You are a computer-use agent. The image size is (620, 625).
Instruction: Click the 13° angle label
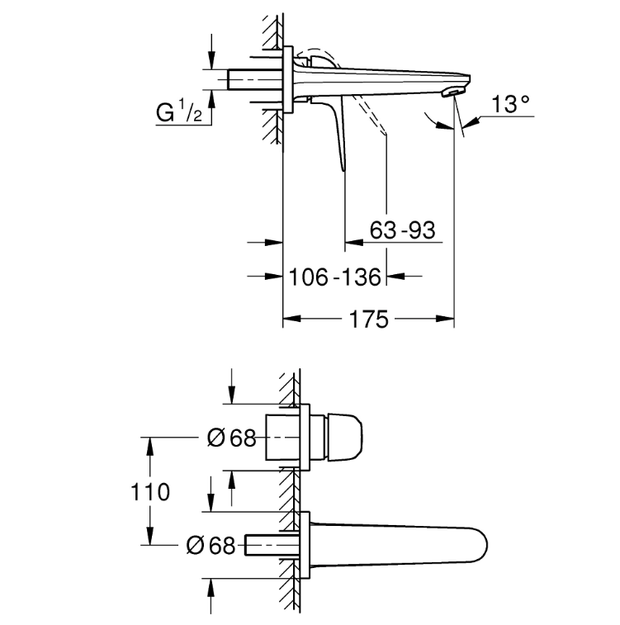point(510,104)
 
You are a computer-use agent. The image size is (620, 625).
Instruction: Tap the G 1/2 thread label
point(179,111)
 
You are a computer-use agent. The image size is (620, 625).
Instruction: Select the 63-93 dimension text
point(402,230)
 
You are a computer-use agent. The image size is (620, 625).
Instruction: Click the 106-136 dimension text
point(334,277)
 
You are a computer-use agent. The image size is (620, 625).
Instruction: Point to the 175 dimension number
point(368,320)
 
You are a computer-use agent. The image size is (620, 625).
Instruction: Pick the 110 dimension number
point(150,492)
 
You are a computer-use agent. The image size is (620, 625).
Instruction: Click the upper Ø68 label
point(231,438)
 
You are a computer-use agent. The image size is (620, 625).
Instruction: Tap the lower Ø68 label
point(211,545)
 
